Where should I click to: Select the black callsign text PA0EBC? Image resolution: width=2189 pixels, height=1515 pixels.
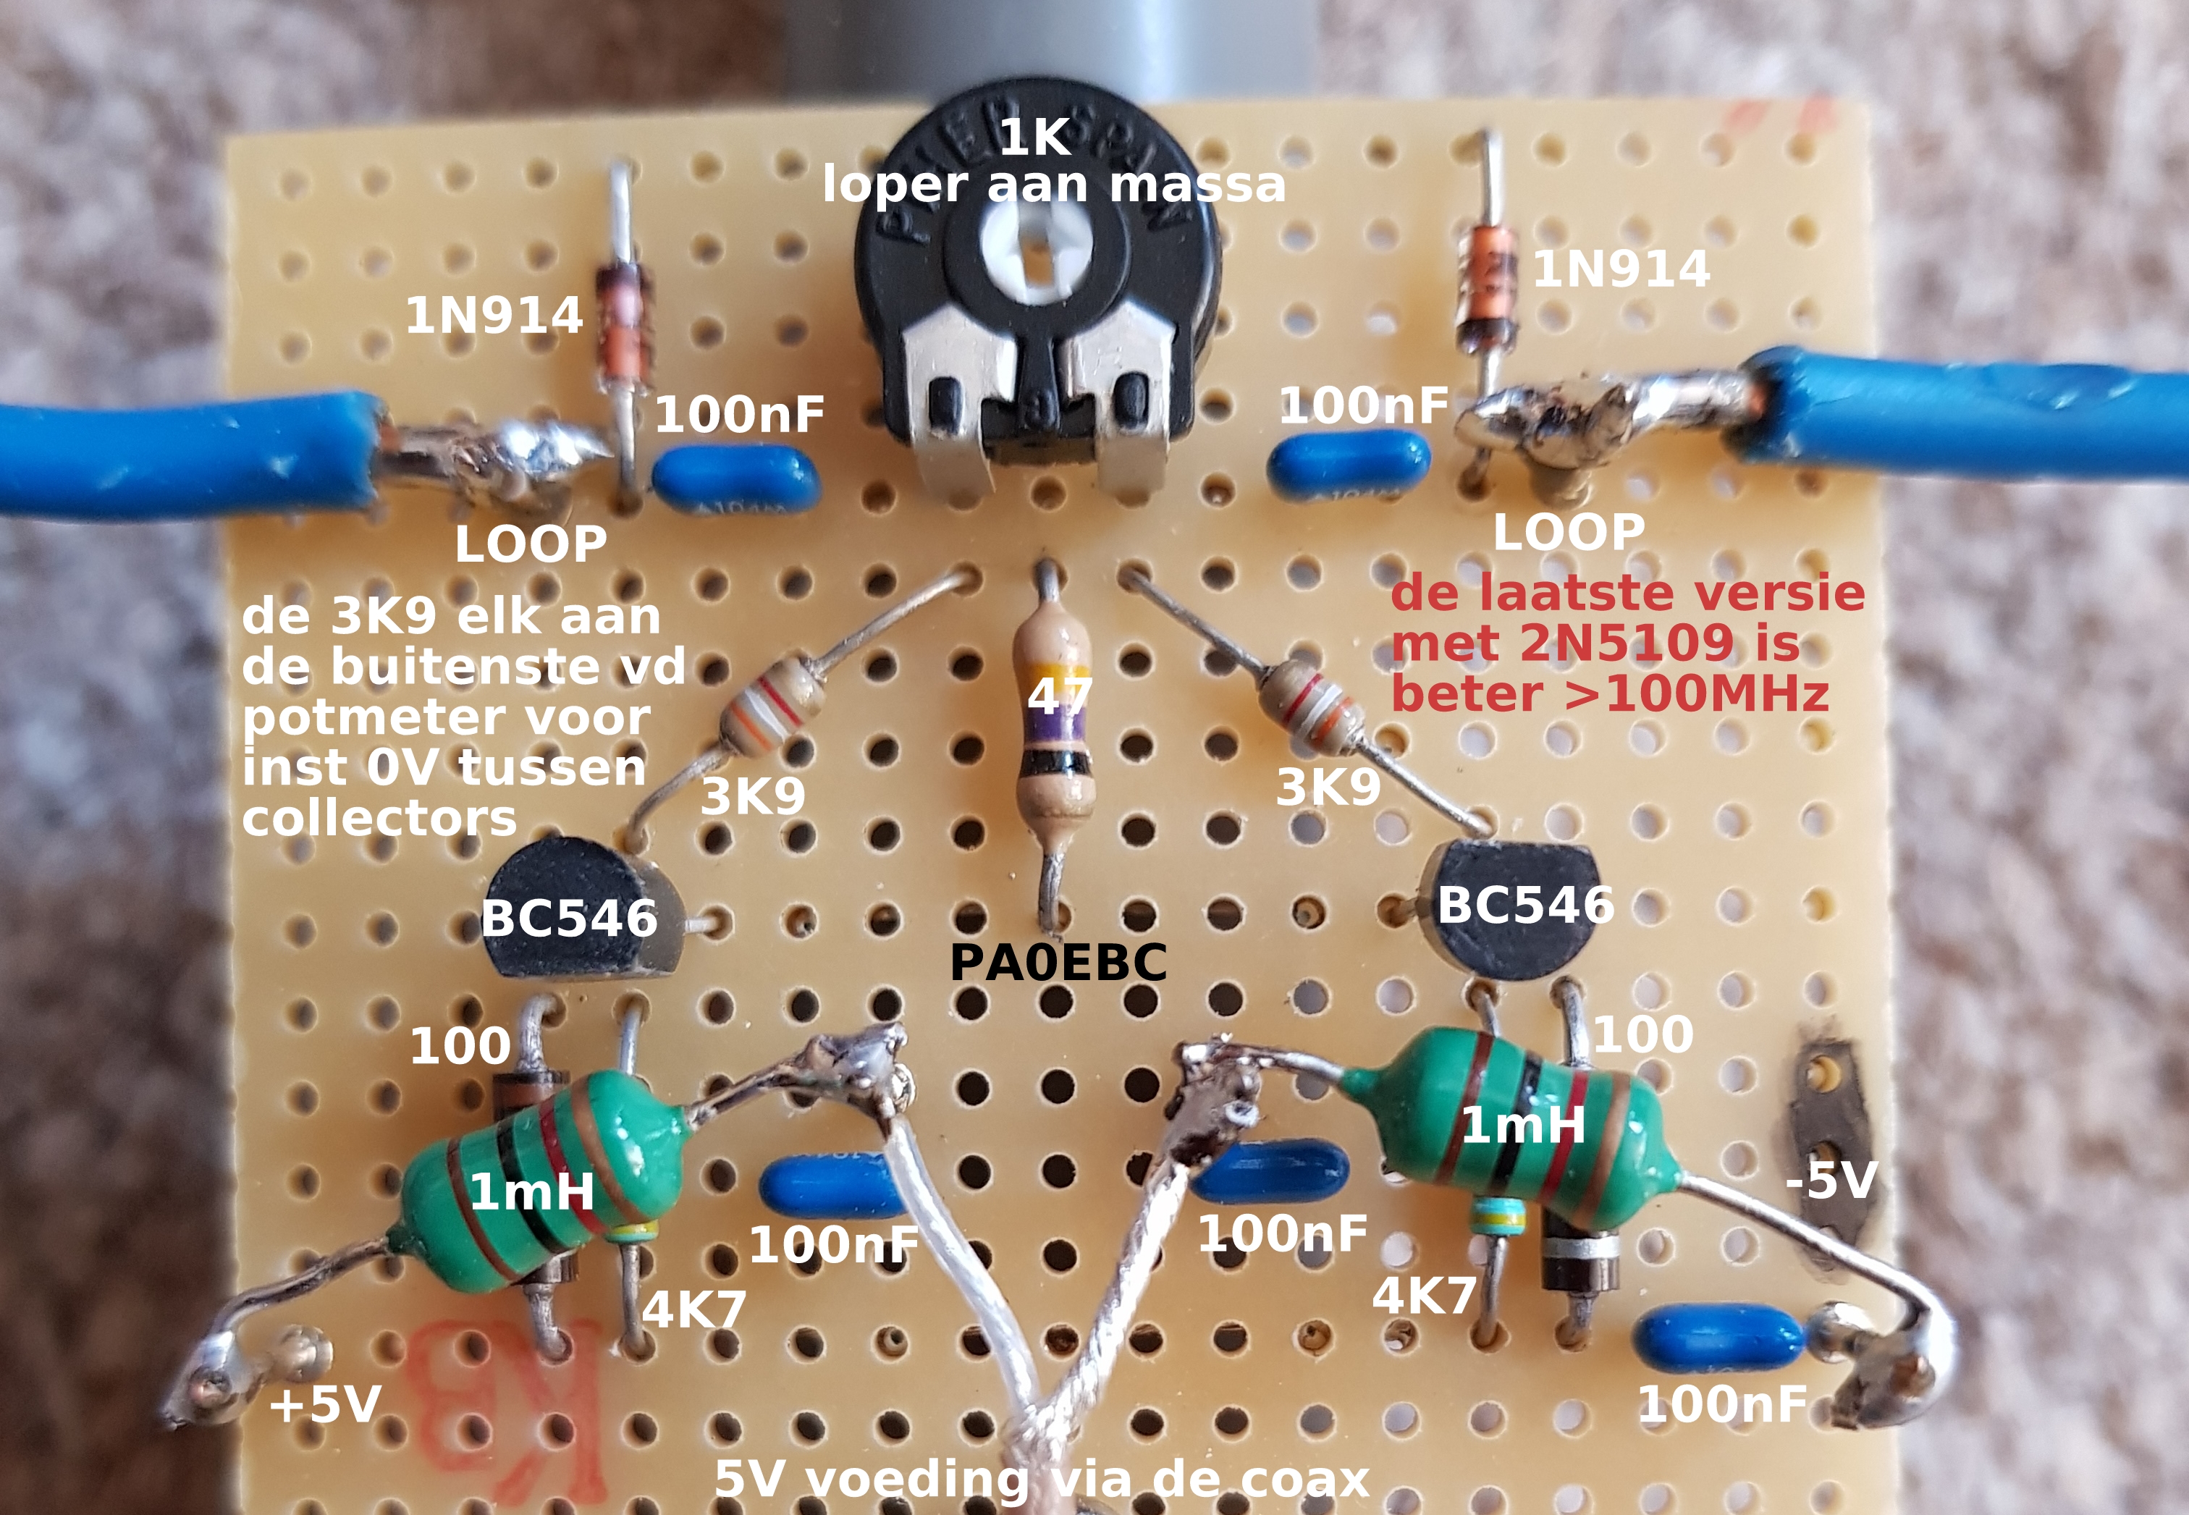coord(1058,963)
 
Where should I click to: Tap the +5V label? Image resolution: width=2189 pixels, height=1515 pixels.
coord(326,1404)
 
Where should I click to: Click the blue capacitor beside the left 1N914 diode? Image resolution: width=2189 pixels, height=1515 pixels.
coord(735,481)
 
